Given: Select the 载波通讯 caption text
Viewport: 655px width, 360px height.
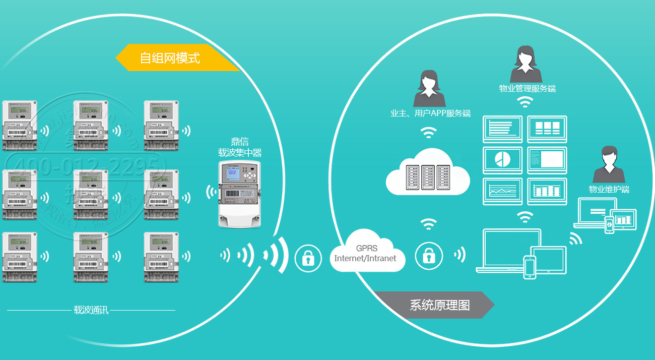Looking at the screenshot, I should pyautogui.click(x=91, y=310).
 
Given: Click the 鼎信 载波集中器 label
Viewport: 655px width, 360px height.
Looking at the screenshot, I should pyautogui.click(x=240, y=147).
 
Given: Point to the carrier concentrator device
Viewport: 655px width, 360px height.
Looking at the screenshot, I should pyautogui.click(x=240, y=194).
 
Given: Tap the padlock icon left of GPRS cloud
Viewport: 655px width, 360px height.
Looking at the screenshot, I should pyautogui.click(x=308, y=258).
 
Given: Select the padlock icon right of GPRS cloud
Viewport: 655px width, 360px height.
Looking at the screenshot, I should pyautogui.click(x=429, y=256).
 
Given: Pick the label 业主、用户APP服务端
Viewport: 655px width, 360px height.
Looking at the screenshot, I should pyautogui.click(x=430, y=113).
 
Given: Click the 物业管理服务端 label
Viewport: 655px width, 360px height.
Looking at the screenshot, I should pyautogui.click(x=527, y=89).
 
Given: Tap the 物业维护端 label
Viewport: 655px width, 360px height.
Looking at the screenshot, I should pyautogui.click(x=609, y=190).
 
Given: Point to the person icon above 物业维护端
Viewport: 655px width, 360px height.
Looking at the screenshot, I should pyautogui.click(x=609, y=165).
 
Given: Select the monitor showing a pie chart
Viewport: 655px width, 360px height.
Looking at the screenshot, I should pyautogui.click(x=503, y=160).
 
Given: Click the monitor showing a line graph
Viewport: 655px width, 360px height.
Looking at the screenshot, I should pyautogui.click(x=503, y=191).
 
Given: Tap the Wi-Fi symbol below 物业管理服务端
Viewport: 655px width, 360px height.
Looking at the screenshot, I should pyautogui.click(x=525, y=102).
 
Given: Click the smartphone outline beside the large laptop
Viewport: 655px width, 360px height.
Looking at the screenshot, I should pyautogui.click(x=530, y=267).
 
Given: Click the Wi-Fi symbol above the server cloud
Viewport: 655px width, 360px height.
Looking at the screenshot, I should pyautogui.click(x=429, y=133).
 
